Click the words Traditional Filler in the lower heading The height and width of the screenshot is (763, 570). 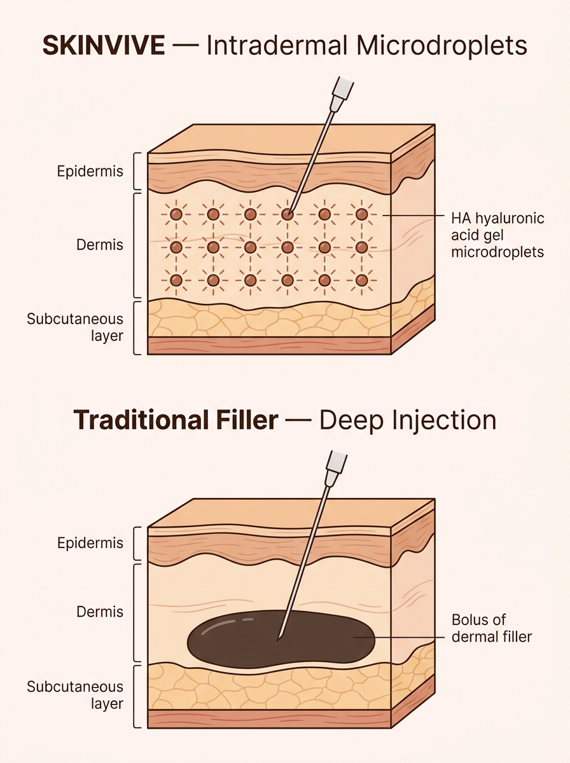pos(176,420)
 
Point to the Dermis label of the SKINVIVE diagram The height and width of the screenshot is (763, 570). pos(100,244)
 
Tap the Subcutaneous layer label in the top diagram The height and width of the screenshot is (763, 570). pos(75,327)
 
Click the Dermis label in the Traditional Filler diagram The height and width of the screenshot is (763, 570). pos(100,612)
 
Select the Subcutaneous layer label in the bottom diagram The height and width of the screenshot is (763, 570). pos(75,694)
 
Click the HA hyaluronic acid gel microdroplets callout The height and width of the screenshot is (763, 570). pos(497,235)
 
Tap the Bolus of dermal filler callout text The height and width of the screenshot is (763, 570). pos(491,628)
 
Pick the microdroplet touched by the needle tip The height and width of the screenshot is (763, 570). pos(288,215)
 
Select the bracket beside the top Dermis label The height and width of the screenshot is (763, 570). pos(137,245)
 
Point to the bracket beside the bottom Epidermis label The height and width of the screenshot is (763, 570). pos(137,544)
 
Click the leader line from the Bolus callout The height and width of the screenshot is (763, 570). pos(407,636)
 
